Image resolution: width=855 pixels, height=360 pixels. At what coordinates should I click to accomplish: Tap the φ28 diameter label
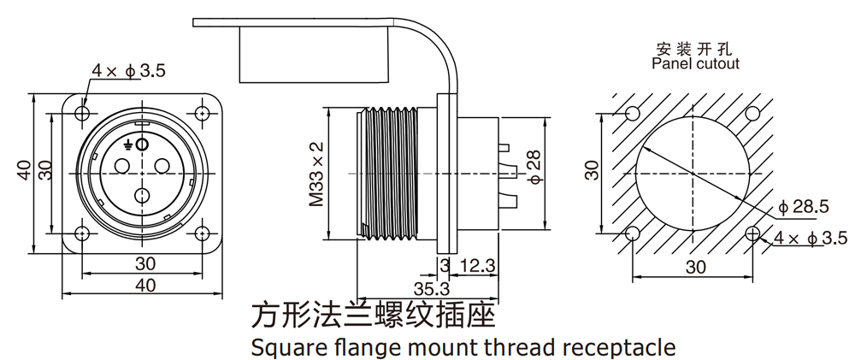coord(534,169)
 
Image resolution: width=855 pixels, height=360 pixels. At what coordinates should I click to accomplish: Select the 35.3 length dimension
coord(434,286)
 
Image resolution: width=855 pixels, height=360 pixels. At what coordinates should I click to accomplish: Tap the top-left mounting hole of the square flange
coord(82,113)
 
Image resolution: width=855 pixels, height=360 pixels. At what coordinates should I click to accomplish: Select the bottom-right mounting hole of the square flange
coord(203,234)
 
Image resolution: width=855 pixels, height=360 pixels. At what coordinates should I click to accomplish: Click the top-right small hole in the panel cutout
coord(753,113)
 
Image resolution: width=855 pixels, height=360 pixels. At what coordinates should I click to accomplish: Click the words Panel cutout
coord(695,63)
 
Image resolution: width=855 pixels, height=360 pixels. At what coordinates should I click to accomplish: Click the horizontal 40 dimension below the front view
coord(143,286)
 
